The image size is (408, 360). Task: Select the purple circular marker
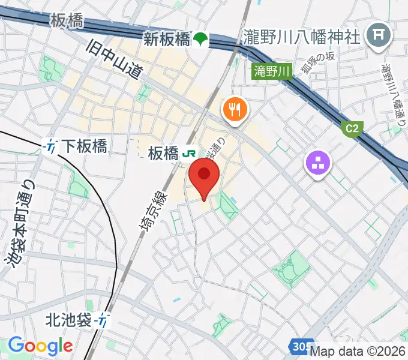319,162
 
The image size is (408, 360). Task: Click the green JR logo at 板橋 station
188,154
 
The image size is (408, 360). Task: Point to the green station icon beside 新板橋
200,40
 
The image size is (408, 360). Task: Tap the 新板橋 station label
166,40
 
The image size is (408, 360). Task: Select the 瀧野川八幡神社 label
302,37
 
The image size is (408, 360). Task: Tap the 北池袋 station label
70,321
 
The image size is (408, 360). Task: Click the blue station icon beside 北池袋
104,321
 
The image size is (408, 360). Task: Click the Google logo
40,346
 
